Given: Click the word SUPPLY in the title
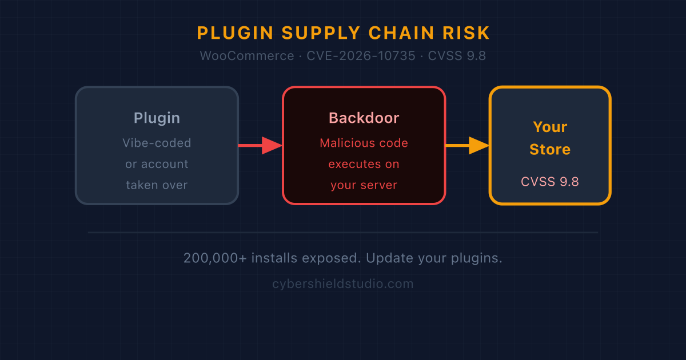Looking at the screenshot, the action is coord(321,33).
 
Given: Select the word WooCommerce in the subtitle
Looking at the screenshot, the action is coord(247,56).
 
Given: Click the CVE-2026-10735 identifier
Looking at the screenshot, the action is coord(361,56).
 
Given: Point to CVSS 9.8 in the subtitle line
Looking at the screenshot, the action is coord(457,56).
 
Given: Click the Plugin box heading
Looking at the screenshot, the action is coord(157,118).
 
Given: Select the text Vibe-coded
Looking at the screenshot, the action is coord(157,143).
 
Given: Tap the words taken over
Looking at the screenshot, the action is coord(157,185).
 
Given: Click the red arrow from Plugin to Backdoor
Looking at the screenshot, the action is coord(260,145).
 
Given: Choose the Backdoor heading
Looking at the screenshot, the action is coord(364,118).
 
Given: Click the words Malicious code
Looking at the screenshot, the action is coord(364,143).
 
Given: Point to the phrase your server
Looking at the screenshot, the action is coord(364,185).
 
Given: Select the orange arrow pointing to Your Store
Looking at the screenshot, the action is coord(467,145).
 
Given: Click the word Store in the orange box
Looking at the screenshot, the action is coord(550,149).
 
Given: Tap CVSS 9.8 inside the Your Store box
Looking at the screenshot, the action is coord(550,182).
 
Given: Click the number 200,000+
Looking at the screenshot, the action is coord(215,258).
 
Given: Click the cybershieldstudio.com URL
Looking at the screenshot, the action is coord(343,284).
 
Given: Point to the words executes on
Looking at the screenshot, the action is coord(364,164).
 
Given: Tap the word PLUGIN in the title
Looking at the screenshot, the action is coord(235,33).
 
